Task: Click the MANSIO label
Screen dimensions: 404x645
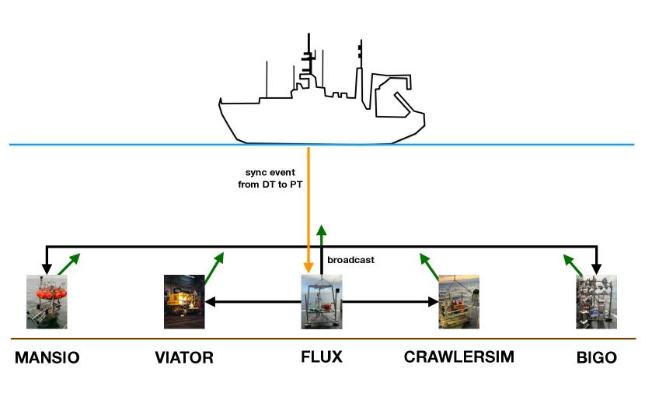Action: [x=47, y=358]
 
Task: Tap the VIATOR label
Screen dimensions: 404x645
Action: [x=184, y=358]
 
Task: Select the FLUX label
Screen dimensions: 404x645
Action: [x=322, y=358]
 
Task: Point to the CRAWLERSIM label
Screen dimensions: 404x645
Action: [x=458, y=358]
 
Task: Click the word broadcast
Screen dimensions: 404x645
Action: [x=351, y=259]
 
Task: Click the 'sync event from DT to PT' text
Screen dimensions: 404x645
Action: [x=270, y=180]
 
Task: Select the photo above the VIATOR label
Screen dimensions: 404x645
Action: [x=184, y=301]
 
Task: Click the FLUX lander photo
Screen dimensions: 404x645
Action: [x=322, y=301]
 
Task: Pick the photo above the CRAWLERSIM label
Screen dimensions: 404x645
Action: [x=458, y=301]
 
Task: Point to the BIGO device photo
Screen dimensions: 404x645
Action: [x=597, y=301]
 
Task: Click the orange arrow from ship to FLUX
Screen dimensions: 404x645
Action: [x=310, y=210]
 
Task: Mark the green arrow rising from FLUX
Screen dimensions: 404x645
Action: [x=322, y=249]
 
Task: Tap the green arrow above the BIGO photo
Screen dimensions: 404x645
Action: [x=574, y=265]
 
